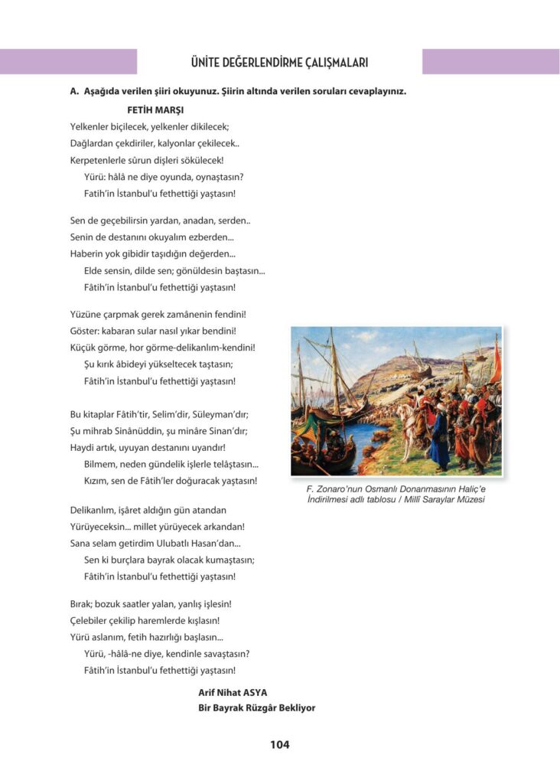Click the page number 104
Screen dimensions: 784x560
(279, 744)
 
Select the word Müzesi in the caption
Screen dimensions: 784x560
(470, 500)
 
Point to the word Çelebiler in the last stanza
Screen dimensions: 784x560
(90, 620)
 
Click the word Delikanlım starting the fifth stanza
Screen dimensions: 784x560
(94, 509)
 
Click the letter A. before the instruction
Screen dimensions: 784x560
(74, 91)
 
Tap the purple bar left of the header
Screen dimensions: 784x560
(68, 62)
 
